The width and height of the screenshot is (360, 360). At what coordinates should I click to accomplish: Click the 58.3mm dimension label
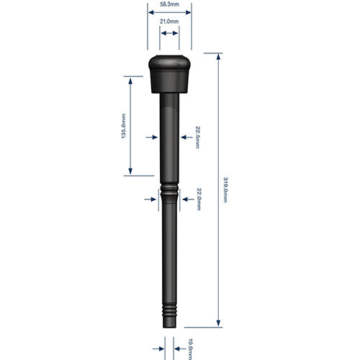(x=169, y=4)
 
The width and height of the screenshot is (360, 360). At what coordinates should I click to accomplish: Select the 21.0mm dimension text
(x=169, y=22)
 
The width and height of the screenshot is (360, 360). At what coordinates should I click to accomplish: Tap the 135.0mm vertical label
(x=124, y=126)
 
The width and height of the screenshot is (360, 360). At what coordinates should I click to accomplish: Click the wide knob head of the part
(x=169, y=72)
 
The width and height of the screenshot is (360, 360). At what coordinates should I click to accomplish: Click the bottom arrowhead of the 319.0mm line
(x=217, y=323)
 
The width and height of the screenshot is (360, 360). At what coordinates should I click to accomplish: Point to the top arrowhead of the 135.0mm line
(x=130, y=80)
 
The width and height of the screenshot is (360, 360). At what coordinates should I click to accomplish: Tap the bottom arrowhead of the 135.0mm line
(x=130, y=171)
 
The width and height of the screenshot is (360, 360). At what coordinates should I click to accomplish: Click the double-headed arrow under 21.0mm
(x=169, y=33)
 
